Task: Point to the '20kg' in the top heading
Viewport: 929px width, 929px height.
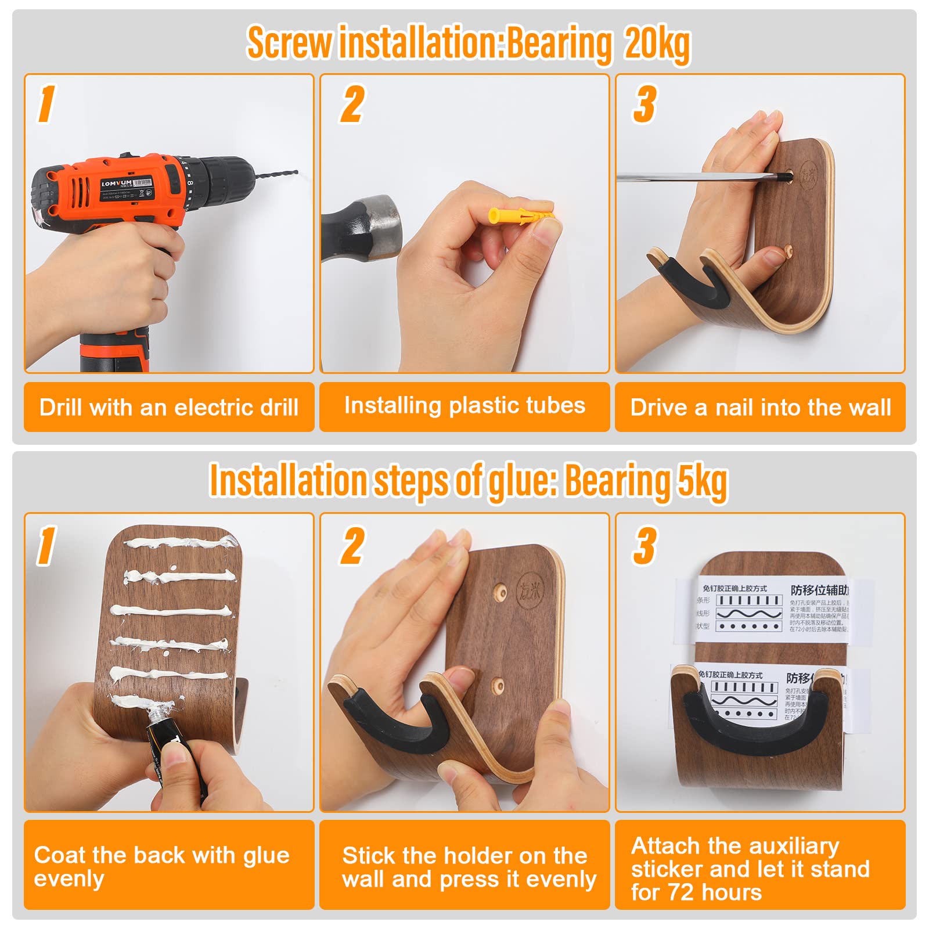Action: pyautogui.click(x=657, y=44)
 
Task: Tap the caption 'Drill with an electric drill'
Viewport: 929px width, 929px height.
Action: pyautogui.click(x=168, y=407)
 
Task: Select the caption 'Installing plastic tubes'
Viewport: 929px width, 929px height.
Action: pyautogui.click(x=464, y=405)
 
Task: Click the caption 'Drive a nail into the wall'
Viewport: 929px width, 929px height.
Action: pyautogui.click(x=760, y=407)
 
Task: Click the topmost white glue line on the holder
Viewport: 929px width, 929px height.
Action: pyautogui.click(x=180, y=543)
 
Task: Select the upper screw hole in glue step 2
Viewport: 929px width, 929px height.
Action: pyautogui.click(x=498, y=592)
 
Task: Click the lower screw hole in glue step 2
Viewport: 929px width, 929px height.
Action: pyautogui.click(x=498, y=684)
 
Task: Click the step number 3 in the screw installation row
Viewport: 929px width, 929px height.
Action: pyautogui.click(x=644, y=105)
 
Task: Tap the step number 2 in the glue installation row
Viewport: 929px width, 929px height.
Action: pyautogui.click(x=352, y=546)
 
